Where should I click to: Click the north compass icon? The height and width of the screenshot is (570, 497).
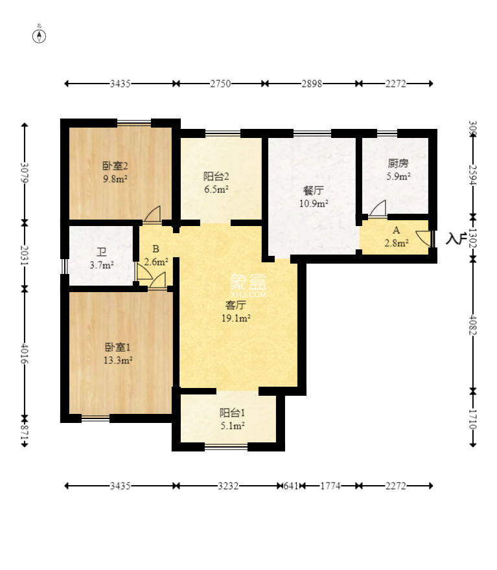[40, 36]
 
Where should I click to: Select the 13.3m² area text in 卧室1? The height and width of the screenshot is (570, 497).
[119, 360]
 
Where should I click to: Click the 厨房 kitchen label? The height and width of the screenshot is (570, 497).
[399, 164]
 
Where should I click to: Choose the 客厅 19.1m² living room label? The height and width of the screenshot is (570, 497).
[237, 311]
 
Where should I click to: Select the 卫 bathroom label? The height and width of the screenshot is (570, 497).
[101, 253]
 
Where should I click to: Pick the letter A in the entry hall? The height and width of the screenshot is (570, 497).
[395, 230]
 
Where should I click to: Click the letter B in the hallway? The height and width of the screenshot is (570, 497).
[156, 249]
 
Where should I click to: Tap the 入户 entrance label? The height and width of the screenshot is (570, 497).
[456, 239]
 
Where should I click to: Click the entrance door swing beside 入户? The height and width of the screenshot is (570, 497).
[423, 238]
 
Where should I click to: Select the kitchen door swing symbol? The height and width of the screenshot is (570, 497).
[378, 209]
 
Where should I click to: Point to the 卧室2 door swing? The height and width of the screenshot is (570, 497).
[153, 214]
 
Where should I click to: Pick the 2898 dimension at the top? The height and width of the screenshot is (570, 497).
[311, 84]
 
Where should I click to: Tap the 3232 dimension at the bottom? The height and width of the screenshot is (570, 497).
[227, 485]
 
